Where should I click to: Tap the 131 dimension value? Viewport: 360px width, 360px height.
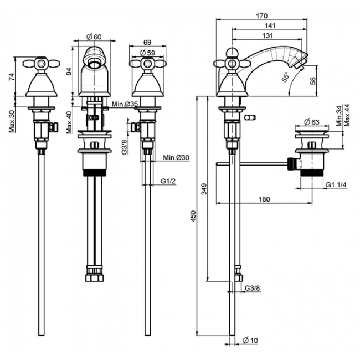coord(269,35)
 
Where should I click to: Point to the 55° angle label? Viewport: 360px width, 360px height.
coord(285,77)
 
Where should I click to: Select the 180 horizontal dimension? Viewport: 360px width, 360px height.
coord(265,199)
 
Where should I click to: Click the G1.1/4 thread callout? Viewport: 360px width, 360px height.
coord(336,184)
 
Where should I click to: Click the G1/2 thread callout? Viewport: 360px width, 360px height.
coord(168,181)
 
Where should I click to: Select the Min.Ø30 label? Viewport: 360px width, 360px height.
coord(176,158)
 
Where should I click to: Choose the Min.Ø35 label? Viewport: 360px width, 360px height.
coord(124,104)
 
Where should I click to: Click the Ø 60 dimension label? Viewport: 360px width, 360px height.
coord(94,37)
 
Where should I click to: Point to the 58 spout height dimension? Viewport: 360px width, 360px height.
coord(313,81)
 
